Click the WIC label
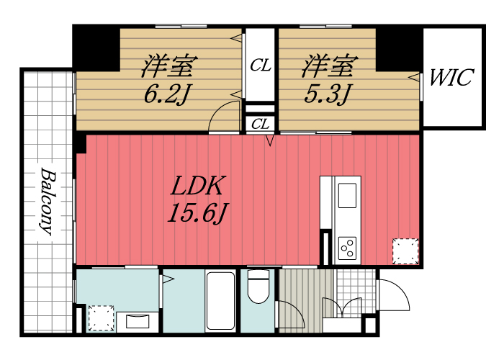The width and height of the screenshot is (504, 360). pos(451,78)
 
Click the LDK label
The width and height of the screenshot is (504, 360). pos(199,187)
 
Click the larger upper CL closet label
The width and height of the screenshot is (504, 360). pos(260,66)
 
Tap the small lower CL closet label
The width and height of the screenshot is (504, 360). pos(260,124)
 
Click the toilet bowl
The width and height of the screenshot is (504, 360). pos(258,288)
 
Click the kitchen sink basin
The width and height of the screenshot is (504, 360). pos(347,195)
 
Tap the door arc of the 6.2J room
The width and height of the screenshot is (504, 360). pos(223,117)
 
